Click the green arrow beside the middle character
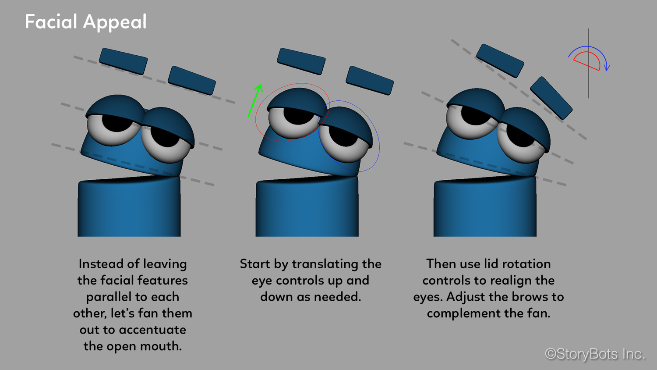255,100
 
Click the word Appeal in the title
115,22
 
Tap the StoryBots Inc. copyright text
594,354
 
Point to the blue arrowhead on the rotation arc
607,68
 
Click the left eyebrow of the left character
123,61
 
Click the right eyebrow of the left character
192,80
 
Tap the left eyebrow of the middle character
301,61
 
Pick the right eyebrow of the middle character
370,80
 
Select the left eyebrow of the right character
500,60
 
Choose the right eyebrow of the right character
551,98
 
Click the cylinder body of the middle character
307,208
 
